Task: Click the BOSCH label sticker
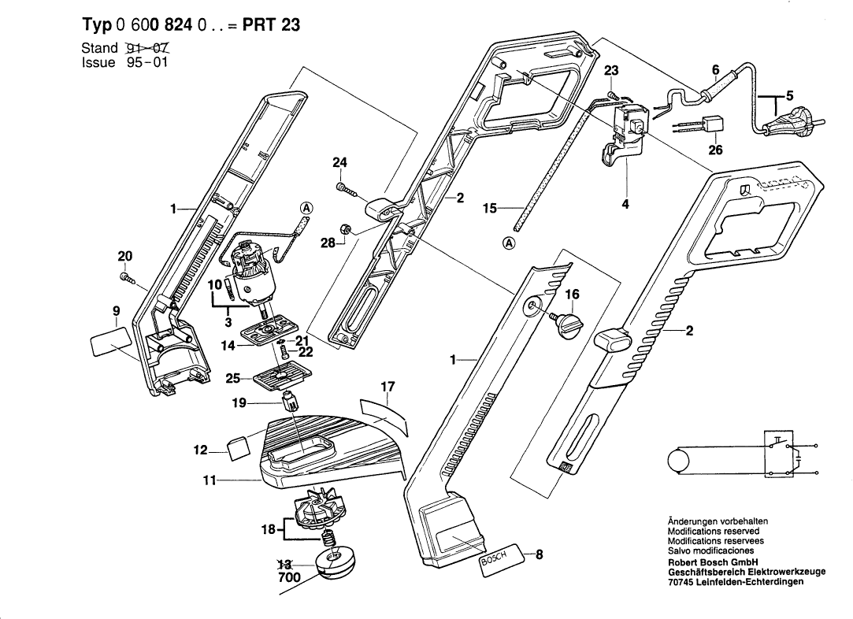[497, 558]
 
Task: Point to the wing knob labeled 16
[566, 324]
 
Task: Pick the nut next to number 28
[344, 229]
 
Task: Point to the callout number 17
[388, 387]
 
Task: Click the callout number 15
[490, 208]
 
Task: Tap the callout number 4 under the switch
[625, 203]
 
